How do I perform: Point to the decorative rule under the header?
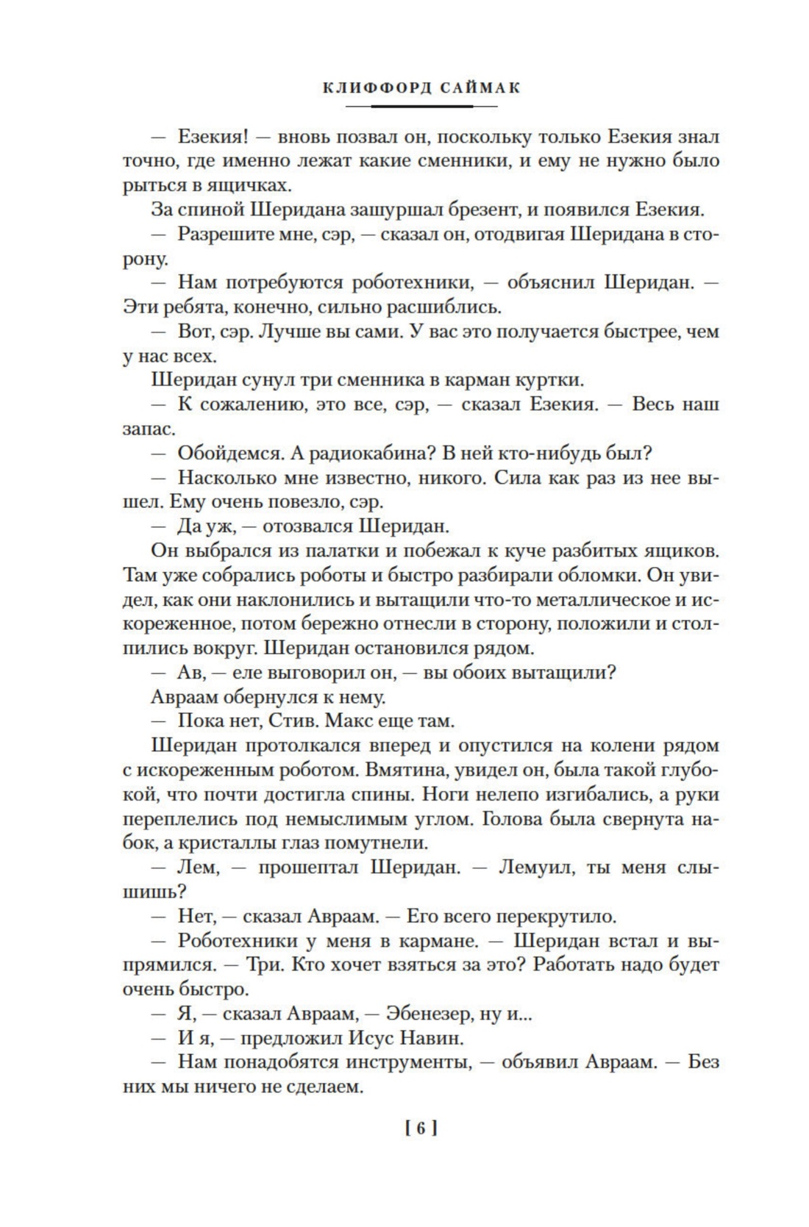[421, 107]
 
